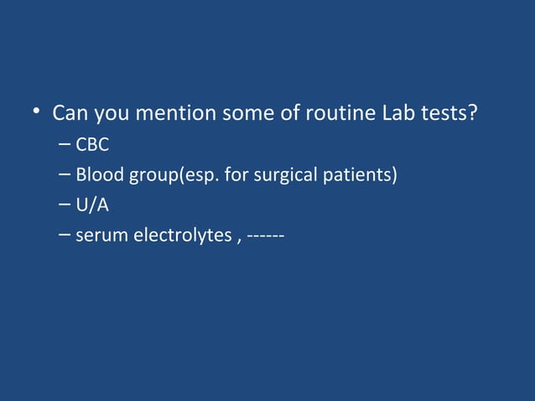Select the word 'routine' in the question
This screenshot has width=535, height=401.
click(x=335, y=112)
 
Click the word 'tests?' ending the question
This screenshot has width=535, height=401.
click(x=450, y=112)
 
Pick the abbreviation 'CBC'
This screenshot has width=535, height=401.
click(x=93, y=146)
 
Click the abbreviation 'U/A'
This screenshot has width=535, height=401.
click(x=92, y=206)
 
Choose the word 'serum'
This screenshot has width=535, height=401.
click(x=99, y=236)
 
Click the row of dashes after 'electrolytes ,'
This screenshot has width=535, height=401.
click(x=265, y=236)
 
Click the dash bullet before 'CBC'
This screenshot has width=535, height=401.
click(x=65, y=146)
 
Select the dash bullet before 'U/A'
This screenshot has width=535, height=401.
click(x=65, y=206)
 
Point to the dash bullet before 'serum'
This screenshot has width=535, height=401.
click(x=65, y=236)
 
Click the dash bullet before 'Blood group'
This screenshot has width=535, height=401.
click(x=65, y=176)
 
